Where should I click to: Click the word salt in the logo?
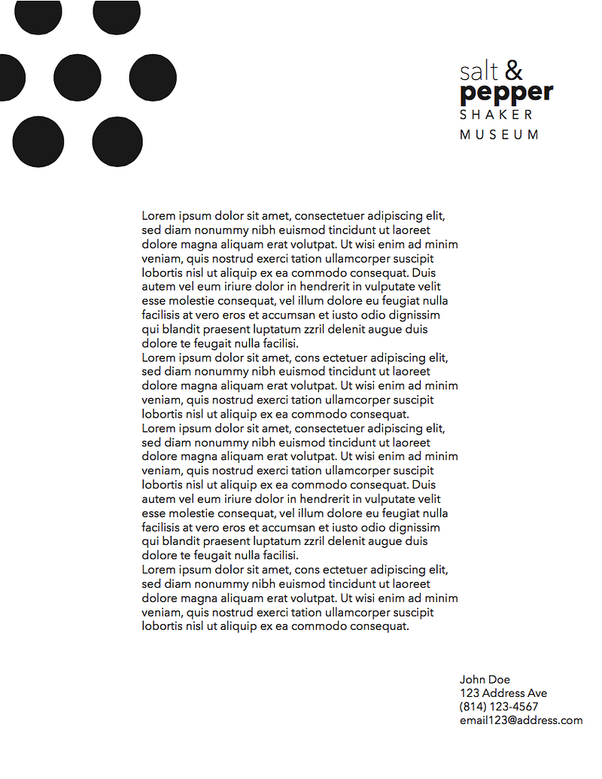(x=479, y=72)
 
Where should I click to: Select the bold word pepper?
(x=506, y=93)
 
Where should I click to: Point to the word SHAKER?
(x=496, y=114)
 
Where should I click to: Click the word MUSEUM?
(x=499, y=135)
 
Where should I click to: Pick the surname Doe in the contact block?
(x=499, y=680)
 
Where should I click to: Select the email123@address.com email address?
(x=521, y=720)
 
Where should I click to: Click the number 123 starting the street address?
(x=470, y=693)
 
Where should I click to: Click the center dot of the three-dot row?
(x=78, y=78)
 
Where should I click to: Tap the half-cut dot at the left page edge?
(x=11, y=78)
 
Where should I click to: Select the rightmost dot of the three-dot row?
(x=153, y=78)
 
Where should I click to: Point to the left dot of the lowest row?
(x=38, y=141)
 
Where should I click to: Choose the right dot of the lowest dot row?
(x=117, y=141)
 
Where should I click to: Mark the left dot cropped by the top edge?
(x=38, y=15)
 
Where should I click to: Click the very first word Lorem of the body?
(x=157, y=216)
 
